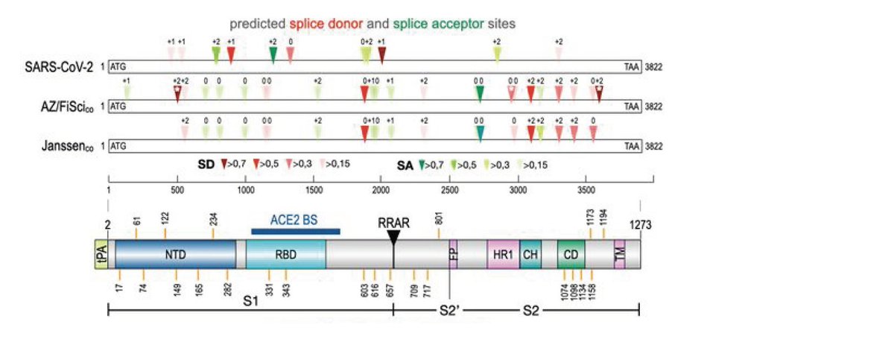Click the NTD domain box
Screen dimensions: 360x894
tap(175, 254)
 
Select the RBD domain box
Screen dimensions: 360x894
tap(285, 254)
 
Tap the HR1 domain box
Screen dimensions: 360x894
tap(503, 254)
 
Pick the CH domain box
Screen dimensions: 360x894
tap(530, 254)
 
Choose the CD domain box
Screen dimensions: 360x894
tap(571, 254)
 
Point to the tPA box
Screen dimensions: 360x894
tap(101, 254)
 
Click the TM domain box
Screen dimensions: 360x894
tap(619, 254)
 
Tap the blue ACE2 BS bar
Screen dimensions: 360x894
tap(296, 231)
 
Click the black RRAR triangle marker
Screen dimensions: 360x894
tap(393, 237)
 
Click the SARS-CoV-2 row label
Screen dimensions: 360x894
tap(59, 66)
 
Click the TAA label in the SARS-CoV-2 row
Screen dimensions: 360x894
tap(633, 66)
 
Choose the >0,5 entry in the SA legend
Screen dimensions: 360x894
tap(466, 165)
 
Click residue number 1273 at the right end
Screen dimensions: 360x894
tap(639, 224)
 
